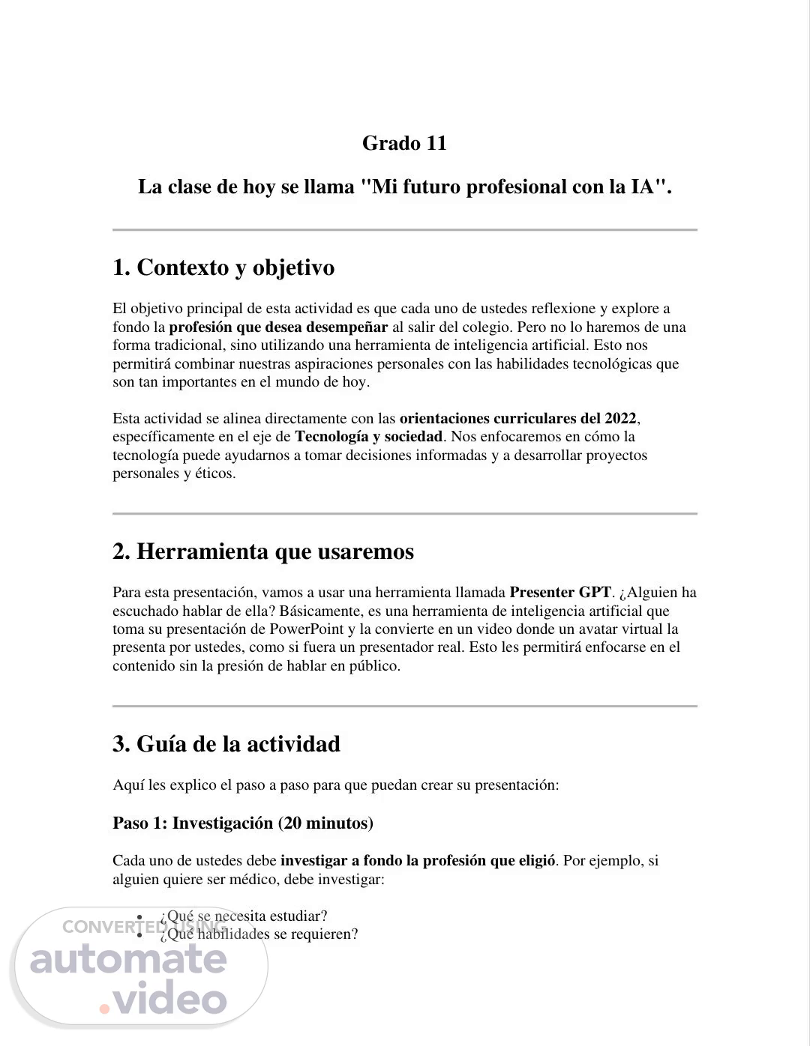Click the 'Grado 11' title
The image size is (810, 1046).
coord(404,143)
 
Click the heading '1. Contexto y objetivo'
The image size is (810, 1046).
coord(223,267)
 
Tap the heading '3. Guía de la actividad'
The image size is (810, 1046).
coord(226,744)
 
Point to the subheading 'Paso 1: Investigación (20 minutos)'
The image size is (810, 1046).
coord(243,823)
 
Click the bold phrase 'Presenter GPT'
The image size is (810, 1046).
coord(560,593)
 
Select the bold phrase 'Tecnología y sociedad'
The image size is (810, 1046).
coord(369,437)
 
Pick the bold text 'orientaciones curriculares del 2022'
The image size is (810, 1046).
coord(517,418)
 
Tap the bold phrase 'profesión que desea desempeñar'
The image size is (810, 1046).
coord(278,327)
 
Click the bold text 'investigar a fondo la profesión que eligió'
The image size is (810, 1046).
coord(418,860)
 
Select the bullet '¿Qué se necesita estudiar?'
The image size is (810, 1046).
coord(243,916)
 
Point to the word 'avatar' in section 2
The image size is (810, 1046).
coord(584,629)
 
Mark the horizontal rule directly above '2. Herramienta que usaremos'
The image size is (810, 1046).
coord(404,514)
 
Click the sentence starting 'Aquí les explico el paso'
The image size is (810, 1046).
coord(335,785)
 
